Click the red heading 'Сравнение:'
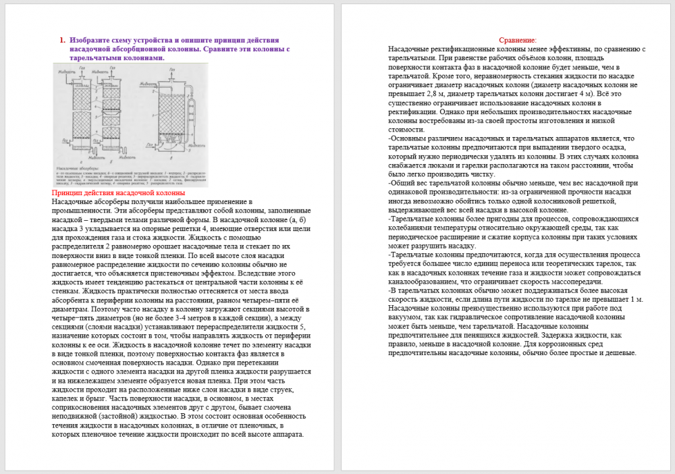tap(518, 41)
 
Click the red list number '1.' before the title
tap(62, 40)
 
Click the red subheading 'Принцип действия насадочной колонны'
tap(114, 193)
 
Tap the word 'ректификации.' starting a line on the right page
tap(413, 111)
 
